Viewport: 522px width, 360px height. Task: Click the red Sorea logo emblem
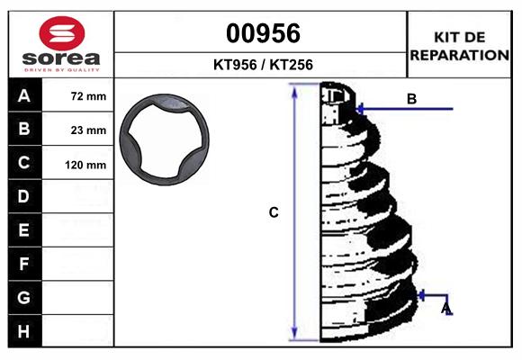62,33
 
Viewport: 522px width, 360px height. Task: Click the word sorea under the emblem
61,58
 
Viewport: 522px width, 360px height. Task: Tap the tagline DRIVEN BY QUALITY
62,70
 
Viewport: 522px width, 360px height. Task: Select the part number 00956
263,33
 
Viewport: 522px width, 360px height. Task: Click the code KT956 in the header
235,65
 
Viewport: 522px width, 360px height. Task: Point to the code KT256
292,65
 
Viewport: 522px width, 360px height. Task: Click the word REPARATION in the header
459,55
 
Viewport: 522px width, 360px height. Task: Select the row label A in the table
24,96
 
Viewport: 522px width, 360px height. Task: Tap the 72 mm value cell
78,95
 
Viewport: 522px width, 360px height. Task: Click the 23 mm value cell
78,130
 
